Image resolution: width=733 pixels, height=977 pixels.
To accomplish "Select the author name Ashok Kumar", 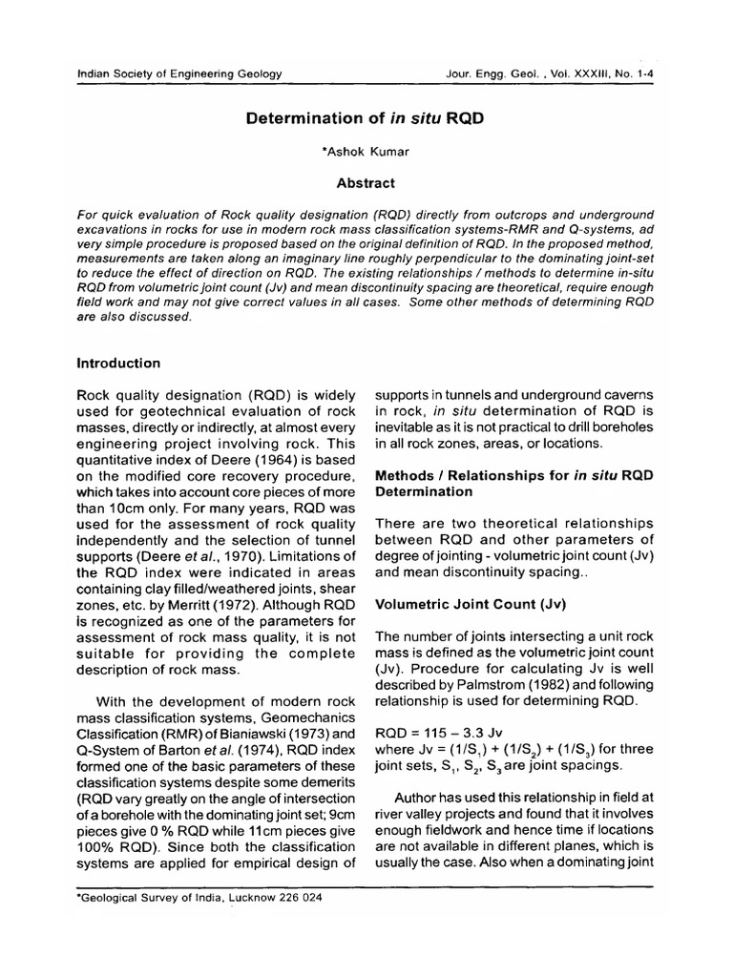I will click(x=366, y=152).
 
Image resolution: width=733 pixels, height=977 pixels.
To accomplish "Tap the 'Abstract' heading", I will click(x=366, y=182).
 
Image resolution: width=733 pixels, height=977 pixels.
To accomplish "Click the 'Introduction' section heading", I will click(x=118, y=363).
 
